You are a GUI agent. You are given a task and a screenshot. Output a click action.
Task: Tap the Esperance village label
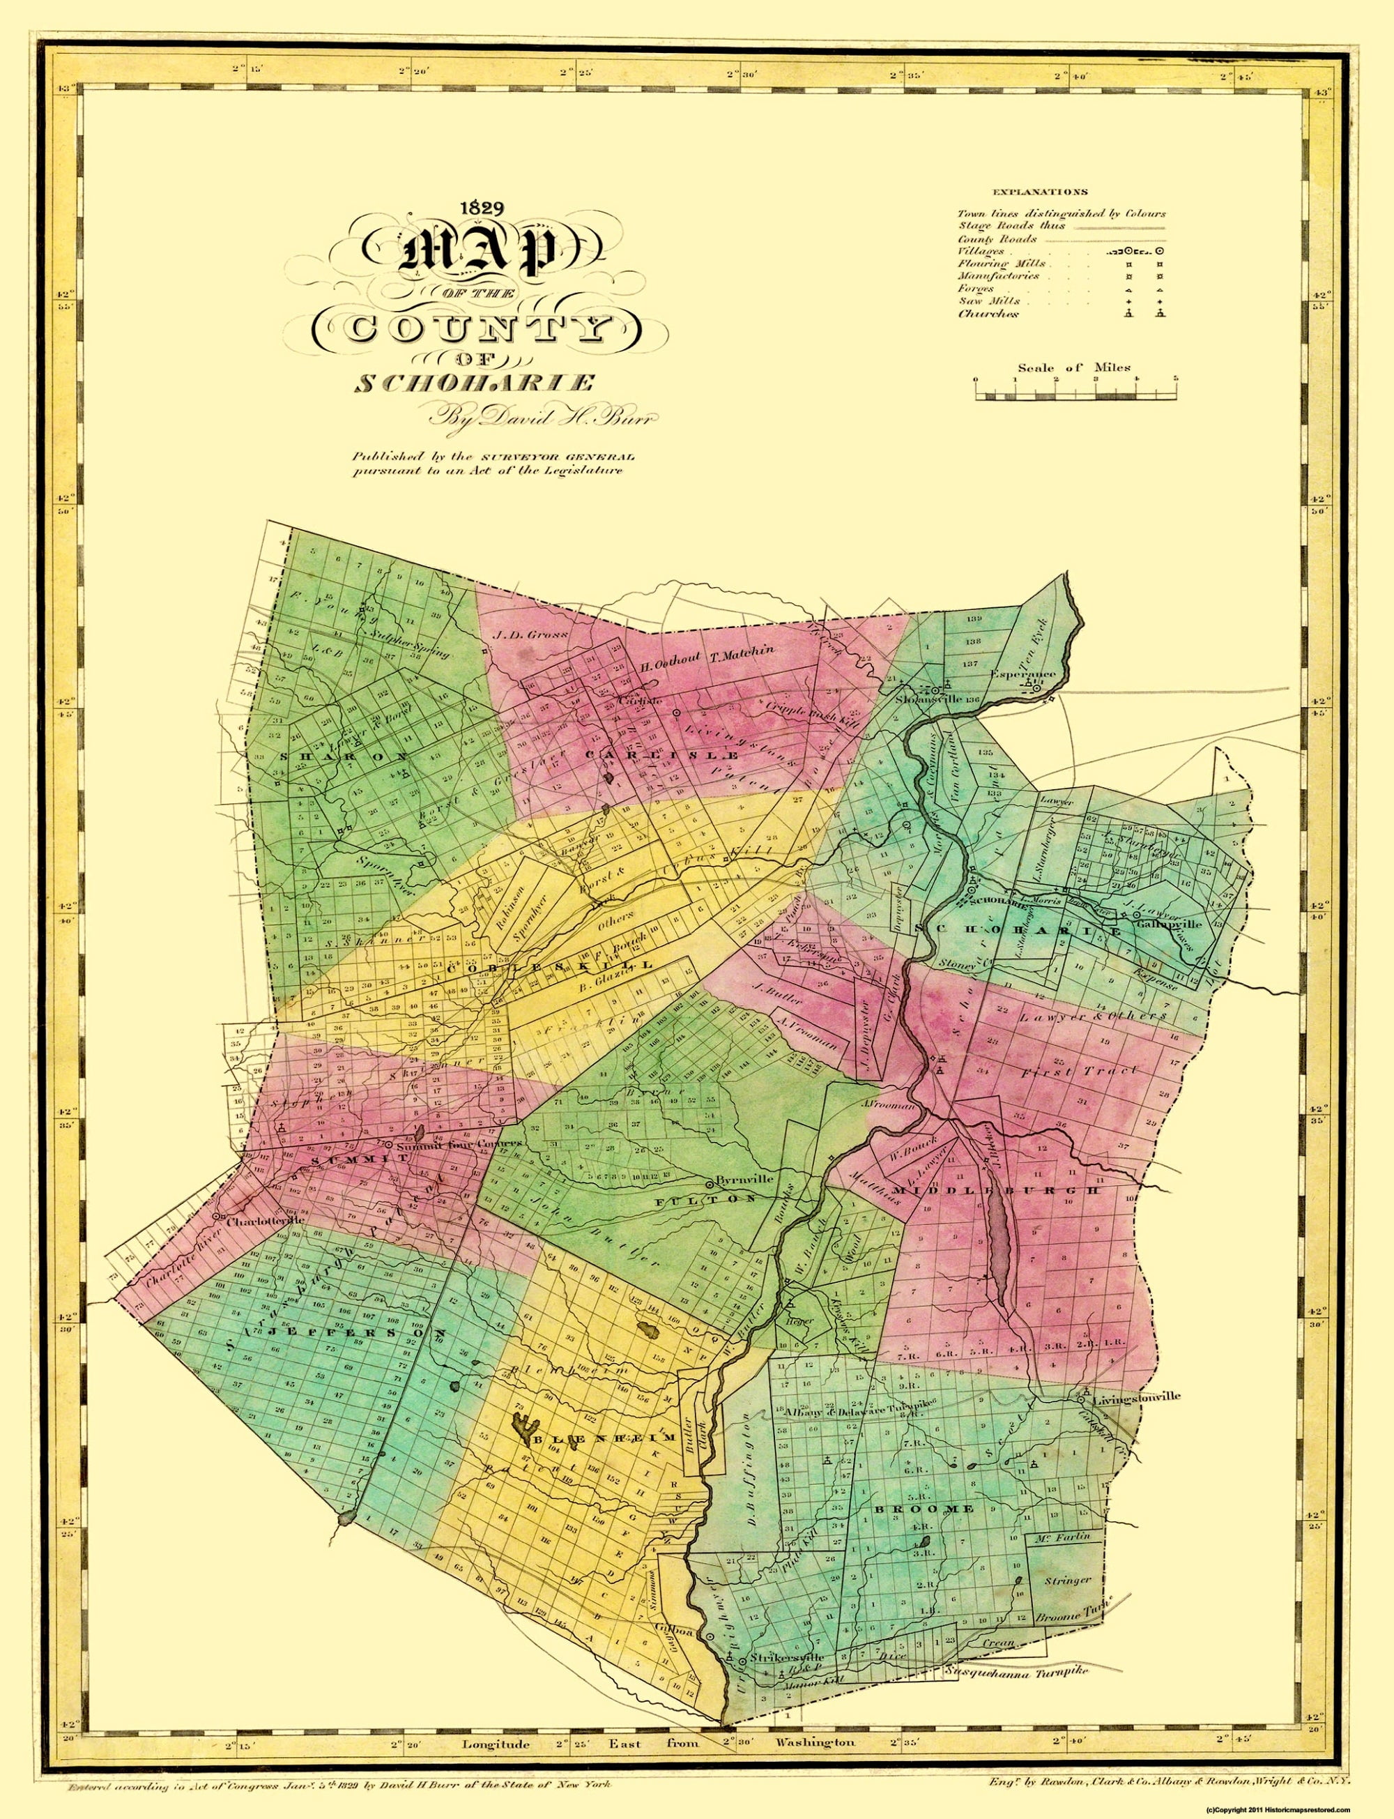point(1024,673)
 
